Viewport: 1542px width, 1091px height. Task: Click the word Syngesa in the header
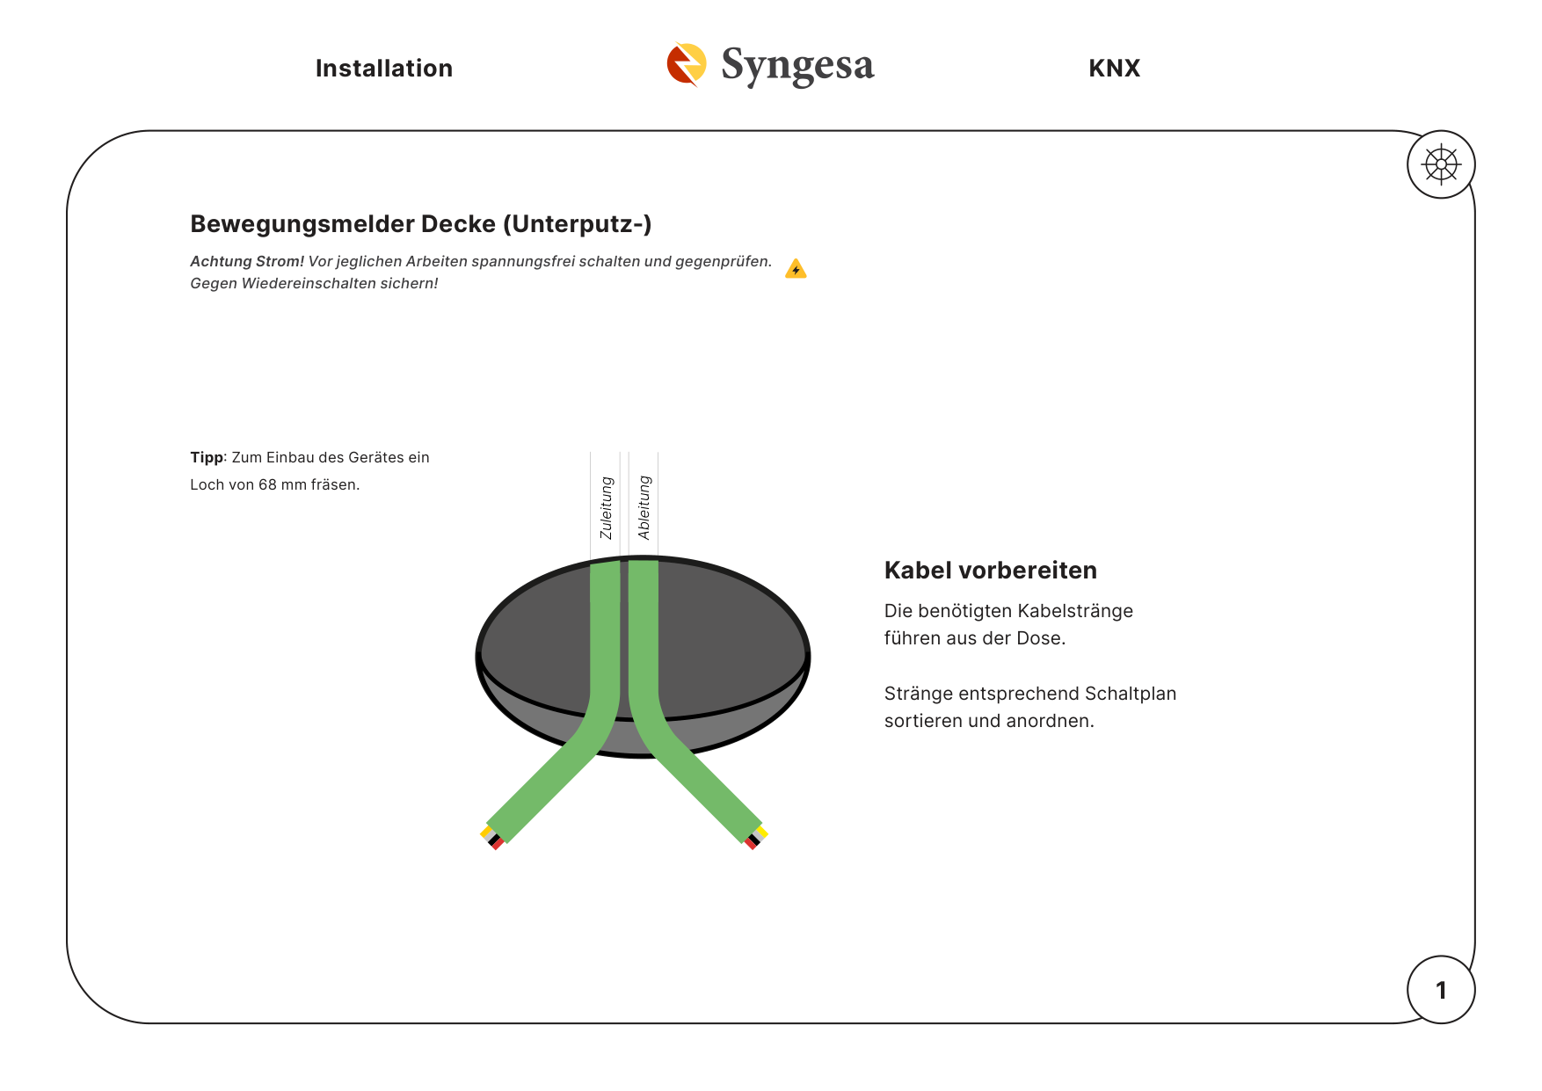tap(797, 65)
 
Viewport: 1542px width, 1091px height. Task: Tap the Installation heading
tap(384, 69)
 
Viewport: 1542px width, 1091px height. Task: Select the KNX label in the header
tap(1114, 69)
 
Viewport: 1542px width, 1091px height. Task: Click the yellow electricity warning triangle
tap(796, 268)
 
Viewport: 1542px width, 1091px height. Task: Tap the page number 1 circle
tap(1441, 990)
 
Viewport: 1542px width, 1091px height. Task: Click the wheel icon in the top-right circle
tap(1441, 164)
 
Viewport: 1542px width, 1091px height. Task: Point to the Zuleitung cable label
tap(606, 508)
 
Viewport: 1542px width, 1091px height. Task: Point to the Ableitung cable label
tap(644, 508)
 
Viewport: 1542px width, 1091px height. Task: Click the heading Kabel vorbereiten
tap(990, 571)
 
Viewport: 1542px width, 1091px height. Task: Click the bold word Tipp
tap(207, 457)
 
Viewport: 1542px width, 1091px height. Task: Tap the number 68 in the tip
tap(267, 484)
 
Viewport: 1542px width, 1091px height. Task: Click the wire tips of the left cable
tap(491, 837)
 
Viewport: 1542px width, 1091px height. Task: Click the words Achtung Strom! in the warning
tap(247, 261)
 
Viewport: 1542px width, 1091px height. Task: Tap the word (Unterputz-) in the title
tap(578, 224)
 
